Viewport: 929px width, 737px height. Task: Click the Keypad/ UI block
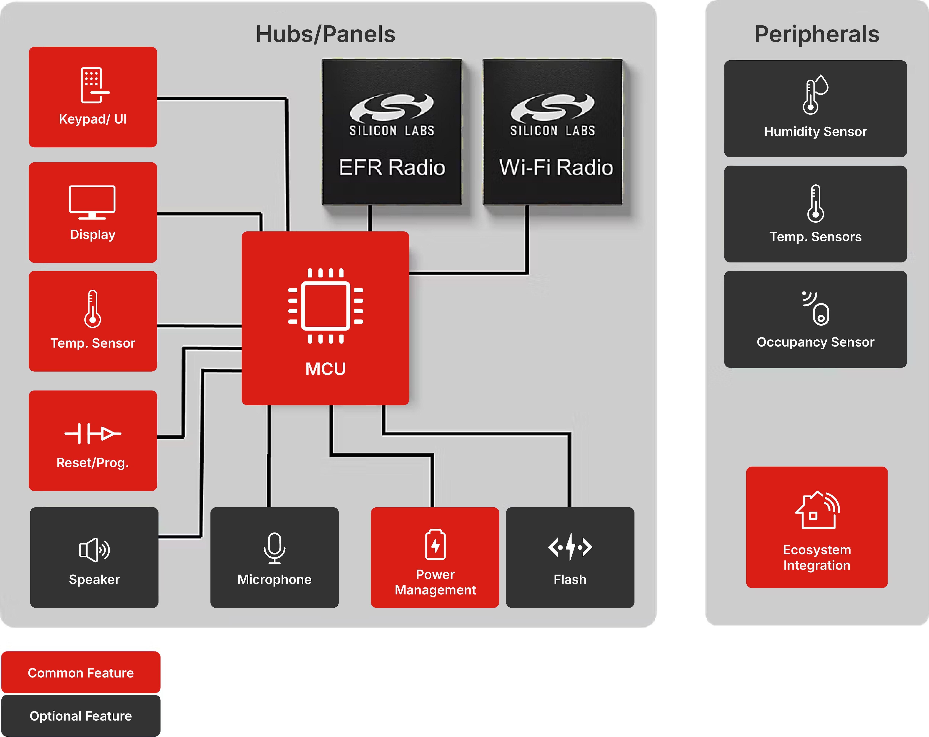pyautogui.click(x=93, y=97)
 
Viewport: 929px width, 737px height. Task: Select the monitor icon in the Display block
pyautogui.click(x=92, y=202)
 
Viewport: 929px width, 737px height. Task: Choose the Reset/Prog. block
pyautogui.click(x=93, y=441)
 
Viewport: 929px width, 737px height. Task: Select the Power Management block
pyautogui.click(x=435, y=557)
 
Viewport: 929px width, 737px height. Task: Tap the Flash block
pyautogui.click(x=570, y=557)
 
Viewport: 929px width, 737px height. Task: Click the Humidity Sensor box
pyautogui.click(x=815, y=109)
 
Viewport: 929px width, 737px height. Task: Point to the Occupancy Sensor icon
pyautogui.click(x=816, y=308)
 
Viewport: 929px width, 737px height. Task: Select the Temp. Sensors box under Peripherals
pyautogui.click(x=815, y=214)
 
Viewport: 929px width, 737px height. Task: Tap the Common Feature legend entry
pyautogui.click(x=81, y=672)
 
